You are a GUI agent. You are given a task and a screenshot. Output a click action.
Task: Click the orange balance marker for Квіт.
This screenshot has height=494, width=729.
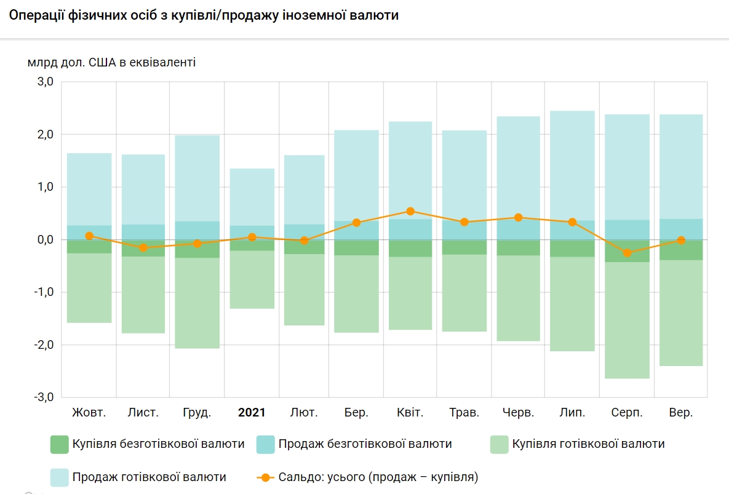coord(411,211)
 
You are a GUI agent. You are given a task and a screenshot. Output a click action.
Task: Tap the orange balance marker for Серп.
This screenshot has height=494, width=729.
coord(627,253)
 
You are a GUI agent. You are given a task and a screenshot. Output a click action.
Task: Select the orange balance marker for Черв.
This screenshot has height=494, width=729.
coord(518,217)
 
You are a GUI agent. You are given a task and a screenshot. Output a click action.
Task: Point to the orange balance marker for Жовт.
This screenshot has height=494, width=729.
coord(89,236)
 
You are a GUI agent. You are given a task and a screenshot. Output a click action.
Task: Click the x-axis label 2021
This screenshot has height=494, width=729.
coord(252,412)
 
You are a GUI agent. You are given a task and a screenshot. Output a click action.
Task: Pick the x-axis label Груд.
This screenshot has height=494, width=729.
coord(197,412)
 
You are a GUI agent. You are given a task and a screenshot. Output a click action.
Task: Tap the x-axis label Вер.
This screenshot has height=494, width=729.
coord(680,412)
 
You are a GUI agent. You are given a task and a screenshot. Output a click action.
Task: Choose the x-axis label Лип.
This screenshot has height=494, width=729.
coord(572,412)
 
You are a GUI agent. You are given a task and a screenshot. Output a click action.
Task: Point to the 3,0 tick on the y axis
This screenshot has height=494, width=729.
coord(46,82)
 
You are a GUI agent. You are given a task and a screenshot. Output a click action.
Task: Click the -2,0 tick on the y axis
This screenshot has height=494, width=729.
coord(44,345)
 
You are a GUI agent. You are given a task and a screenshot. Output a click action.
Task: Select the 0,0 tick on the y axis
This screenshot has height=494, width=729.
coord(46,239)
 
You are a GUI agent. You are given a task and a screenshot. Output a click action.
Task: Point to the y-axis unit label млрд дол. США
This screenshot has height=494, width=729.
coord(111,62)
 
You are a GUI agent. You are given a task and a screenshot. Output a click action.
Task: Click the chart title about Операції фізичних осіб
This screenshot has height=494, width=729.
coord(204,15)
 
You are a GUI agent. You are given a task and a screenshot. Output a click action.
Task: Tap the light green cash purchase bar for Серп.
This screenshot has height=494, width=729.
coord(627,320)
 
